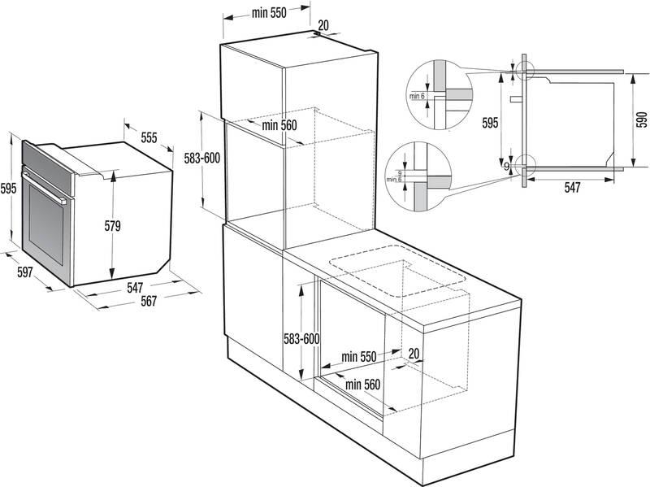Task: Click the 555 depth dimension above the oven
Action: (x=149, y=138)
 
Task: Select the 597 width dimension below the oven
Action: (x=24, y=273)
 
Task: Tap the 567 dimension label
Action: (x=147, y=300)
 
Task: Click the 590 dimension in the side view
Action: (x=641, y=120)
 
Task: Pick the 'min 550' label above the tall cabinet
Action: (x=269, y=13)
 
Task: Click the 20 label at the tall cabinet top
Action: (x=323, y=25)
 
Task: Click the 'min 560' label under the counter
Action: (x=362, y=384)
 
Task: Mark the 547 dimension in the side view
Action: (x=573, y=188)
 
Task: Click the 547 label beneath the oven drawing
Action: (x=135, y=287)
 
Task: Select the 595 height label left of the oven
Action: (x=8, y=189)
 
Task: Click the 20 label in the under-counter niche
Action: (x=414, y=354)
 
